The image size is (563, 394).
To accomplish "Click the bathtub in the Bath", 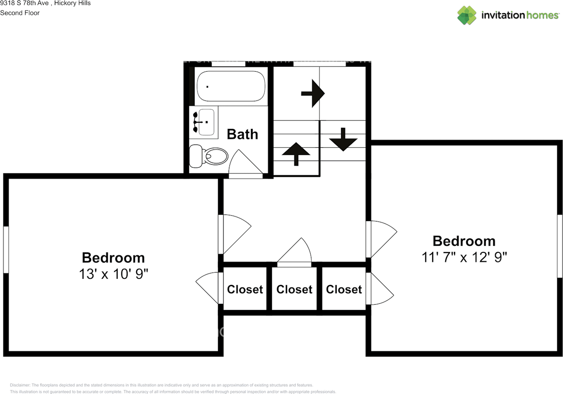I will click(231, 87).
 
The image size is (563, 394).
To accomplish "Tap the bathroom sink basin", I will click(206, 121).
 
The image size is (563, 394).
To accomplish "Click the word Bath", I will click(242, 134).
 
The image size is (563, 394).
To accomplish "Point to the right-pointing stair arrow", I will click(313, 93).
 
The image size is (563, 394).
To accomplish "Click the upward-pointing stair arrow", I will click(296, 153).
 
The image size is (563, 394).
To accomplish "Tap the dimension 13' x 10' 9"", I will click(113, 274).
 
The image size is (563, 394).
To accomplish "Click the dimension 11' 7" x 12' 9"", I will click(464, 257).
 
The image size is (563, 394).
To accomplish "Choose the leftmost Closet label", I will click(245, 289).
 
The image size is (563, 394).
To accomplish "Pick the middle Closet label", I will click(294, 289).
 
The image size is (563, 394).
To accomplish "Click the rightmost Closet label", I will click(344, 289).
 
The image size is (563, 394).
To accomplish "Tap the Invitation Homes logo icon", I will click(467, 15).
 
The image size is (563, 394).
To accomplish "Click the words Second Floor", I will click(20, 13).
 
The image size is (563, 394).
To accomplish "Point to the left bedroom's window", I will click(6, 250).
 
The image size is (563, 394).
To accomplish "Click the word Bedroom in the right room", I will click(464, 241).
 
